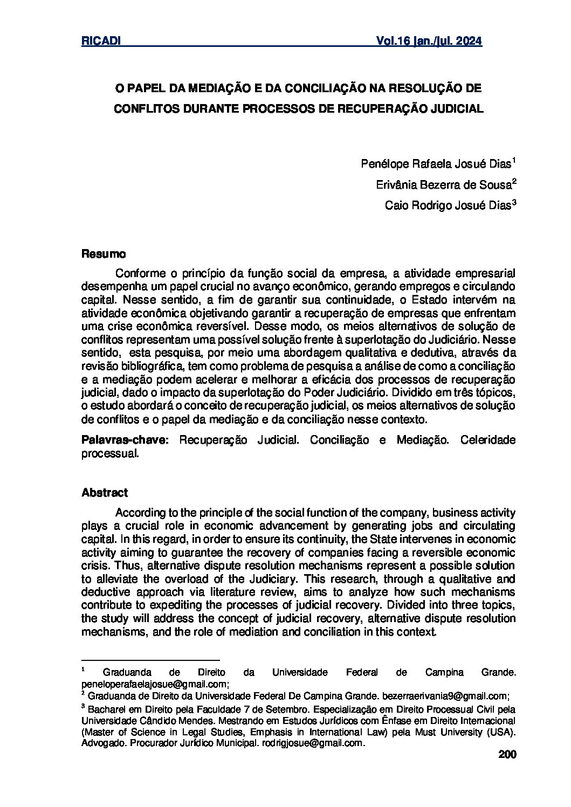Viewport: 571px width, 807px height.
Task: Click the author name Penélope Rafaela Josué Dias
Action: tap(435, 164)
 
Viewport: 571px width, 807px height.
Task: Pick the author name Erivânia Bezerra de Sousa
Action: tap(443, 185)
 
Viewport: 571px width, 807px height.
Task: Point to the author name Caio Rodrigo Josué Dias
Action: tap(447, 205)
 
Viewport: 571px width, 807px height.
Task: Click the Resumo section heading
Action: tap(104, 253)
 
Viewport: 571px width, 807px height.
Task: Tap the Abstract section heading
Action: tap(105, 493)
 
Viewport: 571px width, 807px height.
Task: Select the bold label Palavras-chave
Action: tap(125, 440)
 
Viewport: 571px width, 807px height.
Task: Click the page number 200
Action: tap(507, 755)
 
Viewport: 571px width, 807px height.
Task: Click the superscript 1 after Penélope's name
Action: tap(514, 161)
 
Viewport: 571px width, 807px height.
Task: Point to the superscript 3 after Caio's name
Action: tap(514, 202)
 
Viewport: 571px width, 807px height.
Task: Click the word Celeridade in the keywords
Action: tap(488, 440)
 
